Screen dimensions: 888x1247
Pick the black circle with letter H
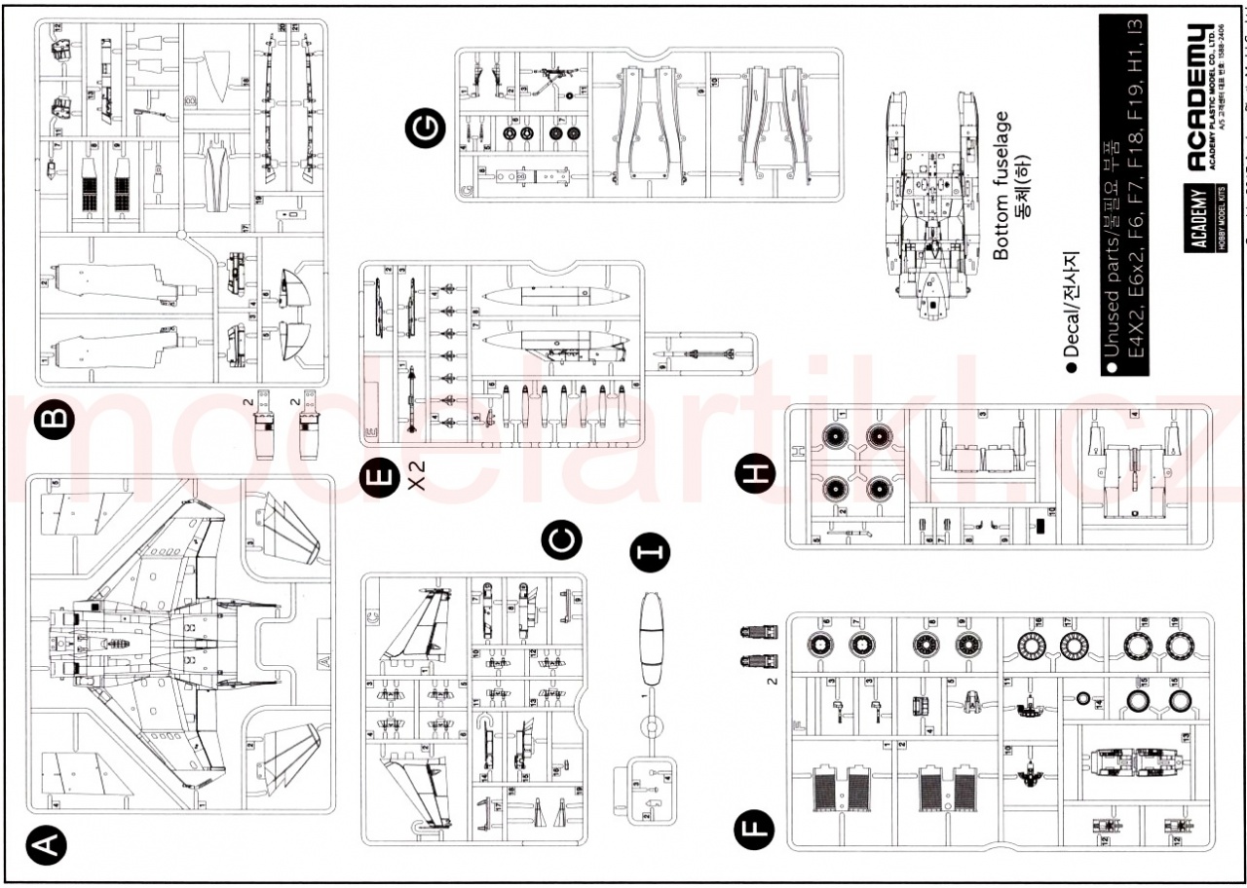coord(757,476)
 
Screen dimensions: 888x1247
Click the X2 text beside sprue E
coord(418,478)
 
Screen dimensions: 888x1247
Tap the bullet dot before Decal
coord(1072,368)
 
